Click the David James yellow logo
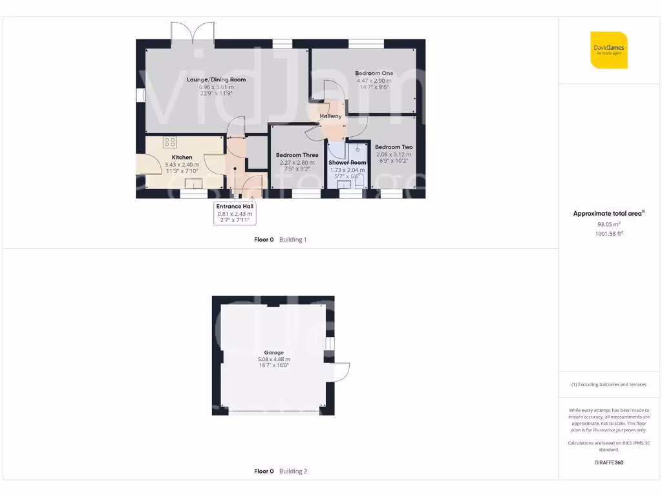pos(608,50)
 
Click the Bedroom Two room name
pos(393,147)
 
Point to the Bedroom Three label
pos(297,155)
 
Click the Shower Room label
pos(348,163)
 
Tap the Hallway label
pos(330,116)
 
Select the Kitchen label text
pos(182,157)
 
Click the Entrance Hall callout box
pos(235,213)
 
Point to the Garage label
pos(274,353)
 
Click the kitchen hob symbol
pos(170,142)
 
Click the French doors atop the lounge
pos(193,32)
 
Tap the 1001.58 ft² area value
pos(608,234)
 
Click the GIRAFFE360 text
pos(608,462)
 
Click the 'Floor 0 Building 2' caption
pos(281,471)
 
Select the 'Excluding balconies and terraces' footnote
pos(608,384)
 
